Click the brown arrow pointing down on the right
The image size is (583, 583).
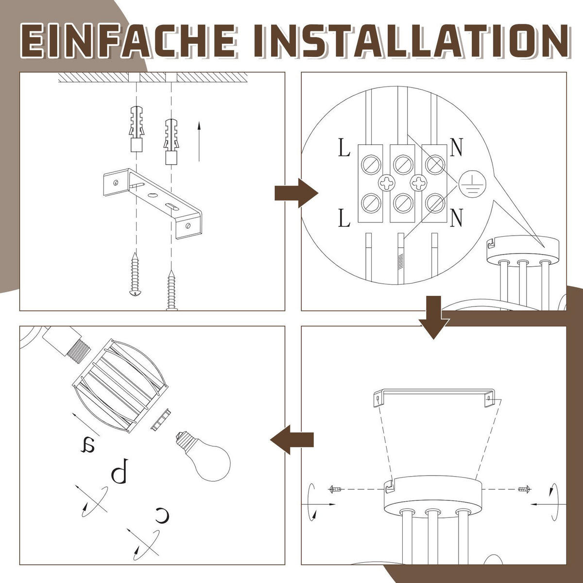(434, 317)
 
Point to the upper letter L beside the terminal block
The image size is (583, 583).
(344, 147)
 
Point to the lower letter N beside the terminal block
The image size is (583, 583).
(456, 218)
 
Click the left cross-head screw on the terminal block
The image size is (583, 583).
(387, 183)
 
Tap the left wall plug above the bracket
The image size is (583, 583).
(137, 129)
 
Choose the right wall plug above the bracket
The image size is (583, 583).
(171, 141)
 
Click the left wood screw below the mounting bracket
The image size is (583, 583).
(135, 274)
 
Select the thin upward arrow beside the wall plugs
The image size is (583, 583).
(199, 141)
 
